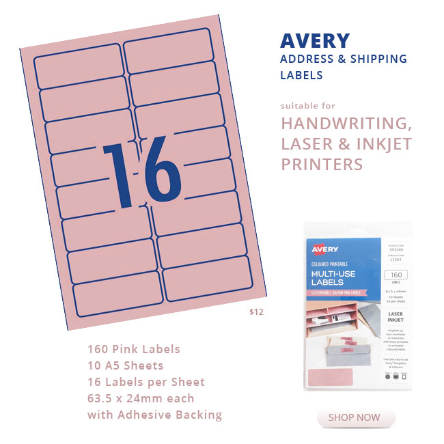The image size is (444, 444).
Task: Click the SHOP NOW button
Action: point(355,417)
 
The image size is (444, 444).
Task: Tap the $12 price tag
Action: point(256,312)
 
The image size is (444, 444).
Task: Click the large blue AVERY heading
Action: point(315,40)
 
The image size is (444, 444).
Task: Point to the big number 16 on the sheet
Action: point(141,172)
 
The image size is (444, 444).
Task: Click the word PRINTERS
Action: point(322,165)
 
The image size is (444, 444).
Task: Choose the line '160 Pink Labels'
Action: point(134,349)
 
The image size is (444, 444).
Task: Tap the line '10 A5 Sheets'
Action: point(125,365)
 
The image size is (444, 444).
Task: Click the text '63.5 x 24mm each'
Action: point(141,398)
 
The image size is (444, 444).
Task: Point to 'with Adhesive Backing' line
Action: point(154,415)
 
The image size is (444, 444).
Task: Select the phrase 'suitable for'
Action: point(308,106)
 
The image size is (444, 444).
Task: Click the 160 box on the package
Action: point(396,275)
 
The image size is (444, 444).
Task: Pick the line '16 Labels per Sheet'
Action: point(146,382)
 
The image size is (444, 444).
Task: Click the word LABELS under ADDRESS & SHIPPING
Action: point(301,75)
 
